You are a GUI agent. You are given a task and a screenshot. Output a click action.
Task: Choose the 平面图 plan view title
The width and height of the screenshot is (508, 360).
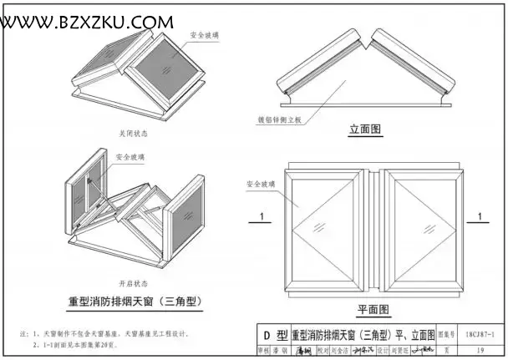point(373,309)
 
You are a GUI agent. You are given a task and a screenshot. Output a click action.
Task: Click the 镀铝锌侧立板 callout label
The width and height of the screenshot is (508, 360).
point(279,120)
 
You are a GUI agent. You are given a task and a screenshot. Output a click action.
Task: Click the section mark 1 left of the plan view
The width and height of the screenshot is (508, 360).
point(263,217)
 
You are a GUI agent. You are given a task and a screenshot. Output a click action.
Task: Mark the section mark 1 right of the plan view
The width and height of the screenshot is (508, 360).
point(482,217)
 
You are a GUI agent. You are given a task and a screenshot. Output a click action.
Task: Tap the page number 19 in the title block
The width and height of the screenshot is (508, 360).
point(480,351)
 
